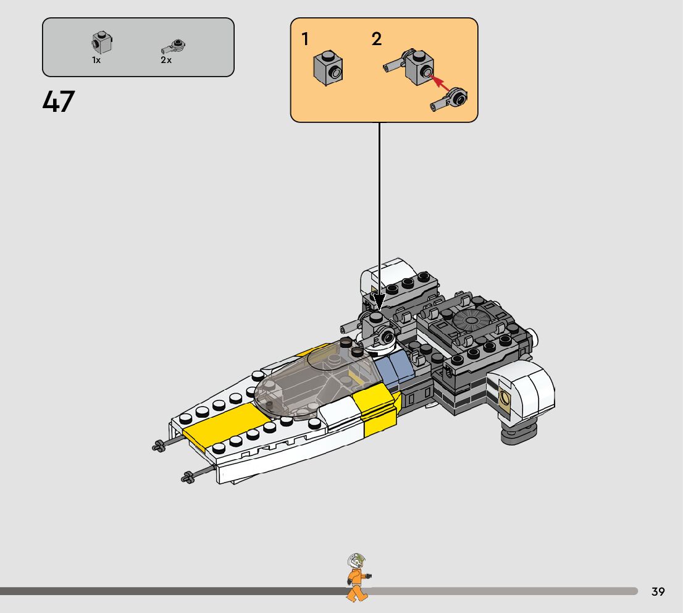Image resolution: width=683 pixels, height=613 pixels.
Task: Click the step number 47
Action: click(x=59, y=102)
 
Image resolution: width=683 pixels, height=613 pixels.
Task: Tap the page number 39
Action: click(x=658, y=592)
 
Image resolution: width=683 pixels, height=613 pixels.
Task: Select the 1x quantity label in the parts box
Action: click(x=96, y=61)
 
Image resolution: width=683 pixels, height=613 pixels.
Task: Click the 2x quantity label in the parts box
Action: click(x=166, y=61)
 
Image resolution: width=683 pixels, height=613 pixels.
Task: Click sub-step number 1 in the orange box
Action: click(x=305, y=40)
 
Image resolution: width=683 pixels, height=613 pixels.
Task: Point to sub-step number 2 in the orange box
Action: click(x=376, y=40)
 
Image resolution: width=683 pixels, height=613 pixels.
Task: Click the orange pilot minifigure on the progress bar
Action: click(x=356, y=578)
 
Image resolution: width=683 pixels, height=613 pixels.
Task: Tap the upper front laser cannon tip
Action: click(x=159, y=446)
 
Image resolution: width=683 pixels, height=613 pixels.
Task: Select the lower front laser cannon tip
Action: click(x=188, y=477)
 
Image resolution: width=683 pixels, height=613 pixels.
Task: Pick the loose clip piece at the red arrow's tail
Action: click(x=451, y=100)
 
